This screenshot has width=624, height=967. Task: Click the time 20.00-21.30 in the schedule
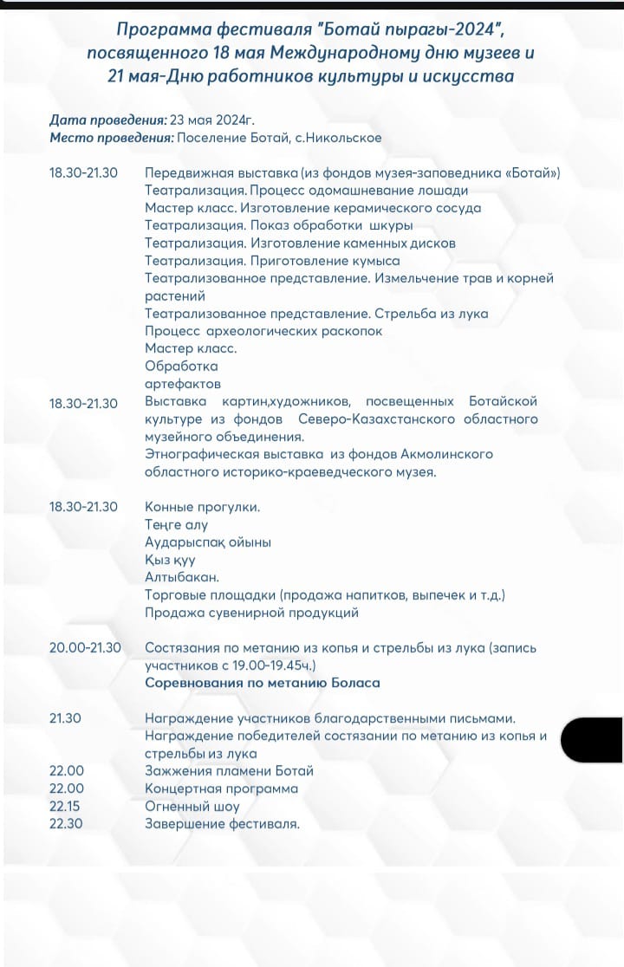tap(85, 647)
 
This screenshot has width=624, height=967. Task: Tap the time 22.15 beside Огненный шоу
tap(66, 806)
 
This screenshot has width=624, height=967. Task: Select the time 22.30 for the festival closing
tap(66, 823)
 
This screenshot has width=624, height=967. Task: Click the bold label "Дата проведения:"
tap(108, 120)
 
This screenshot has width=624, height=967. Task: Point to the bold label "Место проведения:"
tap(112, 138)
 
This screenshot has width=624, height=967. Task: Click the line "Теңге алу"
tap(176, 524)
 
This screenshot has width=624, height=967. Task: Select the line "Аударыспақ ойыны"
tap(208, 542)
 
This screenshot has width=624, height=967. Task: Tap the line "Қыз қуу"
tap(170, 560)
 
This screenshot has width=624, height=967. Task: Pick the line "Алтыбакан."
tap(182, 577)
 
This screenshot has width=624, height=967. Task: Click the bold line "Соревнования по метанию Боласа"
tap(263, 683)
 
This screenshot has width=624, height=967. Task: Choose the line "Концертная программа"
tap(221, 789)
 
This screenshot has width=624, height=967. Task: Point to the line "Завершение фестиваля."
tap(222, 823)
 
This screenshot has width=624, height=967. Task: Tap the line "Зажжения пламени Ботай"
tap(229, 770)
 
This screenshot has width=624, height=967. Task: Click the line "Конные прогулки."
tap(202, 506)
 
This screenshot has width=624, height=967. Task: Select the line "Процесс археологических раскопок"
tap(263, 331)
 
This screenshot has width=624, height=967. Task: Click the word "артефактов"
tap(183, 383)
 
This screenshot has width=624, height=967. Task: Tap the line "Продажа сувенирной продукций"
tap(251, 613)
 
